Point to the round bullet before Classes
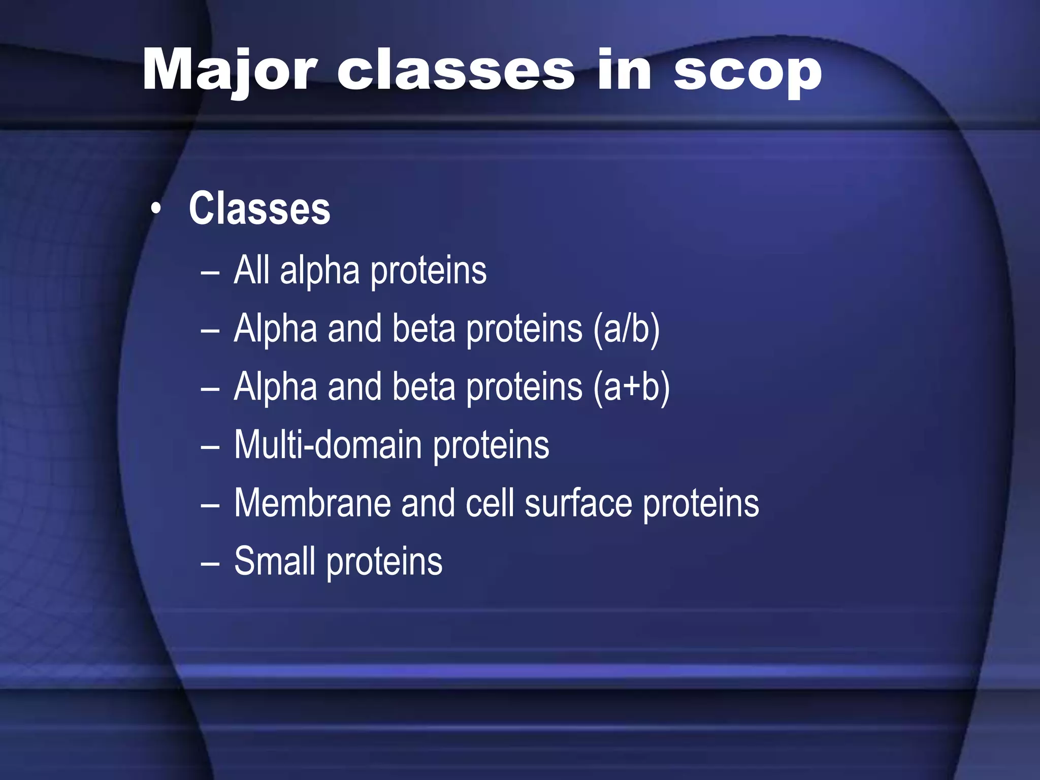156,209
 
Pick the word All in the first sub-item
252,270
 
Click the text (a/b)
626,330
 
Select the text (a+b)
631,387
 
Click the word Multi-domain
328,445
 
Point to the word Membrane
312,503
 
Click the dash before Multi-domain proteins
210,447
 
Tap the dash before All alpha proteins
210,273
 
